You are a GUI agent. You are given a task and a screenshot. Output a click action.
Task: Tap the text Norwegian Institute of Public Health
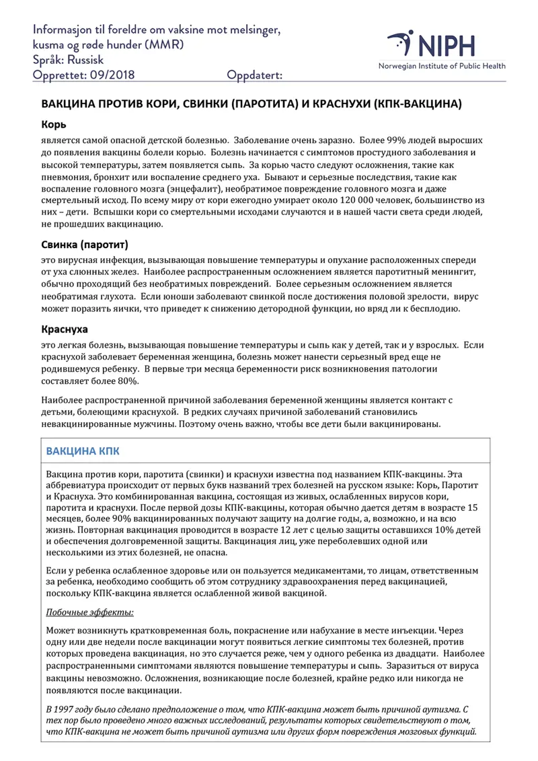pyautogui.click(x=441, y=66)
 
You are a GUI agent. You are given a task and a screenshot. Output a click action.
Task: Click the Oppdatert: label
pyautogui.click(x=255, y=75)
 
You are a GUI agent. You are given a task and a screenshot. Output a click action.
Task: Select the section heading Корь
pyautogui.click(x=53, y=125)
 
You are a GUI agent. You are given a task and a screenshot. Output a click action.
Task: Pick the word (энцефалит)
pyautogui.click(x=202, y=189)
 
